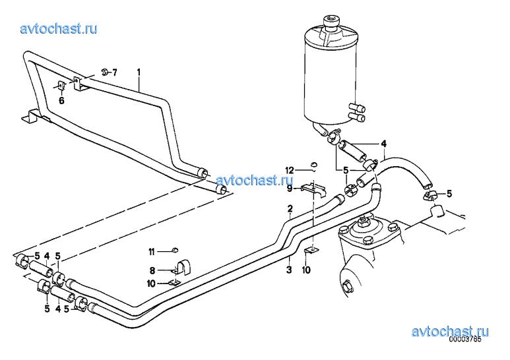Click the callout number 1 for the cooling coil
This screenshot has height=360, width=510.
click(139, 72)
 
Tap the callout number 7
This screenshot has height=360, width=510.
click(115, 72)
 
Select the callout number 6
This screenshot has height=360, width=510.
click(61, 101)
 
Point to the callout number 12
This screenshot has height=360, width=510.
click(290, 170)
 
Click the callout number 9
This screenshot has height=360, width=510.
click(290, 188)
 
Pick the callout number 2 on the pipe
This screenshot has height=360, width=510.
click(290, 208)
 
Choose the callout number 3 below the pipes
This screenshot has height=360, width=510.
click(289, 270)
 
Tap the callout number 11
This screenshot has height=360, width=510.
click(152, 252)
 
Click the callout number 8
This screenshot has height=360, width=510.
click(152, 270)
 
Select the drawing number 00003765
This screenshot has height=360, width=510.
click(464, 339)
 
